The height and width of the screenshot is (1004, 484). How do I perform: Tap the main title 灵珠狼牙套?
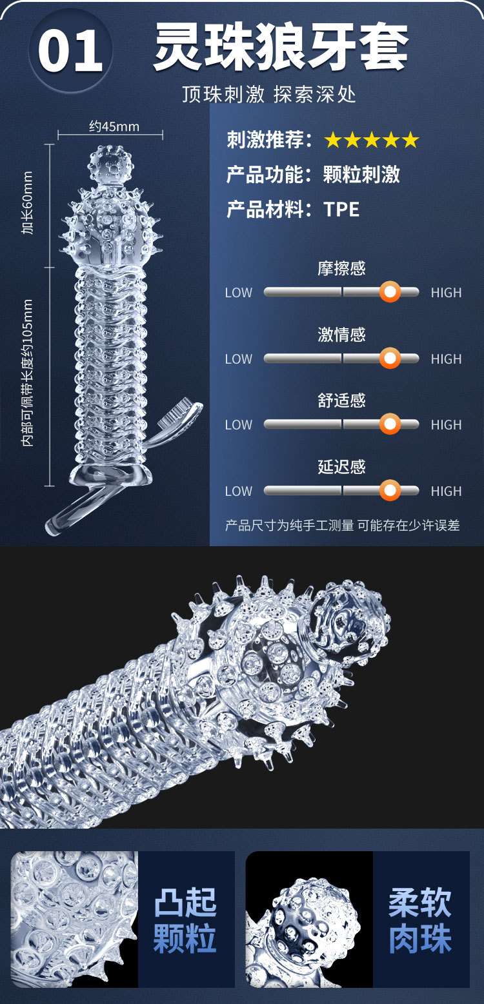click(x=281, y=48)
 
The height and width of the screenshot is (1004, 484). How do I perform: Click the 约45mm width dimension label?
click(x=114, y=126)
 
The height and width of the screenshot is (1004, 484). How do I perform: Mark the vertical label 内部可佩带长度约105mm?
click(x=27, y=373)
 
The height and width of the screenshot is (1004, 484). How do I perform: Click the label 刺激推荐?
click(x=268, y=139)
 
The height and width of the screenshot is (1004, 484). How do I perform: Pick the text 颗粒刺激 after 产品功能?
click(x=361, y=174)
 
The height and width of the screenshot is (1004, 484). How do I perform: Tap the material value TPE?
click(x=341, y=209)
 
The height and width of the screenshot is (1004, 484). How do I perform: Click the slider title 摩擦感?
click(x=341, y=268)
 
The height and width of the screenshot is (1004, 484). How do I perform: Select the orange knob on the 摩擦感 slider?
click(x=389, y=292)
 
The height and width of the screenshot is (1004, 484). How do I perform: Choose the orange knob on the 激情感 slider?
click(x=389, y=359)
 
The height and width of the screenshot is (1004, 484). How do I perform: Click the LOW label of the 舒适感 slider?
click(x=238, y=425)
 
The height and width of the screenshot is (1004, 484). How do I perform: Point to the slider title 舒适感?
click(x=341, y=400)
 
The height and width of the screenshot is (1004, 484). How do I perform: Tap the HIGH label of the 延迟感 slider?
click(x=446, y=491)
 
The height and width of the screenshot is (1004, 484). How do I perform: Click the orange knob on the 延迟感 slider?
click(x=389, y=491)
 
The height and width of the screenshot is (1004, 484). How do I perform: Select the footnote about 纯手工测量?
click(x=342, y=526)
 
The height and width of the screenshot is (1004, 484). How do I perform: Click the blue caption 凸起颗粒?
click(x=185, y=920)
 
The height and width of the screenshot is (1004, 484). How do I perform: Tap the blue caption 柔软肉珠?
click(x=420, y=920)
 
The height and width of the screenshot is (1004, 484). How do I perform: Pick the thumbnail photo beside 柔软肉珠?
click(x=309, y=920)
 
